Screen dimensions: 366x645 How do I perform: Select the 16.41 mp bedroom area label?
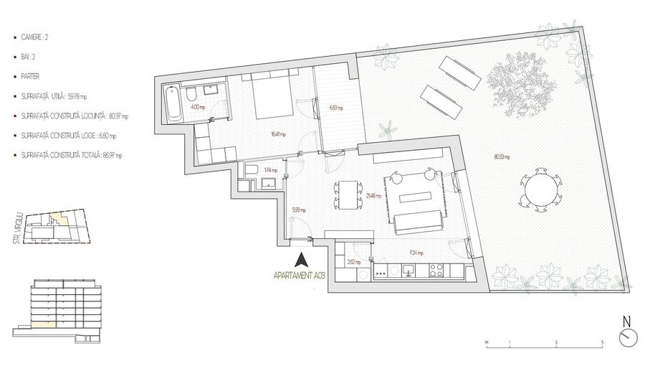coord(278,134)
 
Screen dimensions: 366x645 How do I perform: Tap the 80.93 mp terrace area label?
coord(502,156)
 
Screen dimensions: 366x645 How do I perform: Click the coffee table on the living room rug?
coord(417,197)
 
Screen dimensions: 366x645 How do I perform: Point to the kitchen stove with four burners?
coord(437,271)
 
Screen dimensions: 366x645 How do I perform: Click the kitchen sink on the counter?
coord(408,271)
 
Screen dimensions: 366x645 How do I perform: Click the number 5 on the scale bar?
coord(602,343)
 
